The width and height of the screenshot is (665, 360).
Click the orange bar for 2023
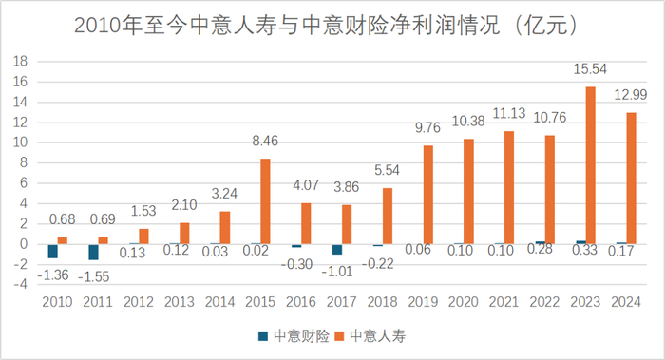coord(592,165)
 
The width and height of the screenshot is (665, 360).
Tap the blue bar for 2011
coord(93,252)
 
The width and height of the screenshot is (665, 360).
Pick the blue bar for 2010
coord(52,251)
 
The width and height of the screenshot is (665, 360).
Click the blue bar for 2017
coord(337,249)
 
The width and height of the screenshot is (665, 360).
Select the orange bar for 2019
coord(428,195)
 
